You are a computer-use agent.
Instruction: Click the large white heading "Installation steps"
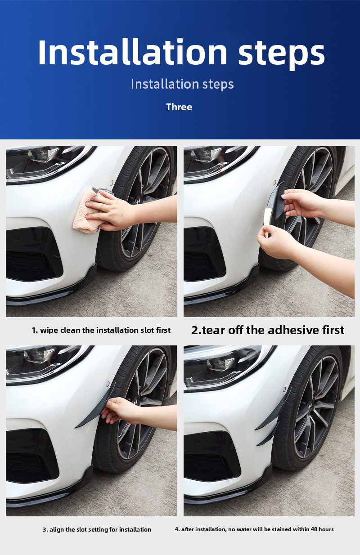pyautogui.click(x=181, y=53)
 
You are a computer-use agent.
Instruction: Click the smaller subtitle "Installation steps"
pyautogui.click(x=182, y=84)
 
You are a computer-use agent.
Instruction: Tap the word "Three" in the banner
pyautogui.click(x=179, y=107)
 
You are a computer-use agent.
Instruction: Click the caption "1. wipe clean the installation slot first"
pyautogui.click(x=101, y=330)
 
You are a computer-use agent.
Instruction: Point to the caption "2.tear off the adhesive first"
pyautogui.click(x=268, y=330)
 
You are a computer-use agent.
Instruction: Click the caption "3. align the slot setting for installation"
pyautogui.click(x=97, y=529)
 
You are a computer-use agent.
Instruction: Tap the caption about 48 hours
pyautogui.click(x=254, y=529)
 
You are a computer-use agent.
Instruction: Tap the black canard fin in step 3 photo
pyautogui.click(x=92, y=414)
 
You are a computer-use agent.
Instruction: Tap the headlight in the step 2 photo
pyautogui.click(x=216, y=160)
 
